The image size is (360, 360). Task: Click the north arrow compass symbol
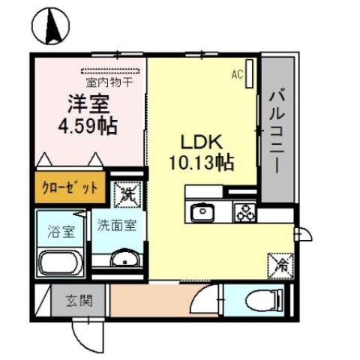[x=53, y=28]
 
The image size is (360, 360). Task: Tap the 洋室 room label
[x=87, y=102]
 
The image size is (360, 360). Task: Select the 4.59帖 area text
[x=88, y=125]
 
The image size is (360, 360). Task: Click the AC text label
[x=236, y=74]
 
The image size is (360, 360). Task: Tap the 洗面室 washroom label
[x=115, y=226]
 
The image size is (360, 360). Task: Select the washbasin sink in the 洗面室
[x=121, y=260]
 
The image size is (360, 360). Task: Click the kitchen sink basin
[x=201, y=213]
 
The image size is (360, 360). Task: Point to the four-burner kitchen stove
[x=244, y=212]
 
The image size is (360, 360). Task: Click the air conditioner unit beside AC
[x=250, y=75]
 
